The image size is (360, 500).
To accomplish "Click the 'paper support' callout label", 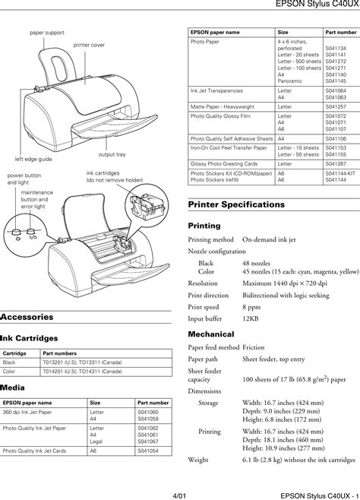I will coord(47,33).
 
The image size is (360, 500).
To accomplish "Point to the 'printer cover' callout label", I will coord(89,46).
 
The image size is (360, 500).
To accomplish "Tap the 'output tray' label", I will coord(112,154).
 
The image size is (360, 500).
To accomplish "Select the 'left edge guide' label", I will coord(33,160).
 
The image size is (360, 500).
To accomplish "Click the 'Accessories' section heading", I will coord(27,316).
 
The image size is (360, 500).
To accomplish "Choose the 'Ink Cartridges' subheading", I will coord(29,338).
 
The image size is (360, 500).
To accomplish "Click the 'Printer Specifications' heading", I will coord(236,204).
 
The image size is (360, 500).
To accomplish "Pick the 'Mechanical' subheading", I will coord(210,334).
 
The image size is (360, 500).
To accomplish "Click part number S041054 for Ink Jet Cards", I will coord(147,451).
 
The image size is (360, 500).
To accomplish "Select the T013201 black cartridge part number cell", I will coord(81,362).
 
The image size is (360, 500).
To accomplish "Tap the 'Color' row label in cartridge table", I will coord(9,372).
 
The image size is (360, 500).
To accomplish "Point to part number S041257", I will coord(336,107).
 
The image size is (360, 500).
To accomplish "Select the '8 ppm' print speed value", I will coord(251,308).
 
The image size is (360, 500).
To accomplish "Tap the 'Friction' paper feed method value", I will coord(254,347).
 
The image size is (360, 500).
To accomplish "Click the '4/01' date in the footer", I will coord(179,492).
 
